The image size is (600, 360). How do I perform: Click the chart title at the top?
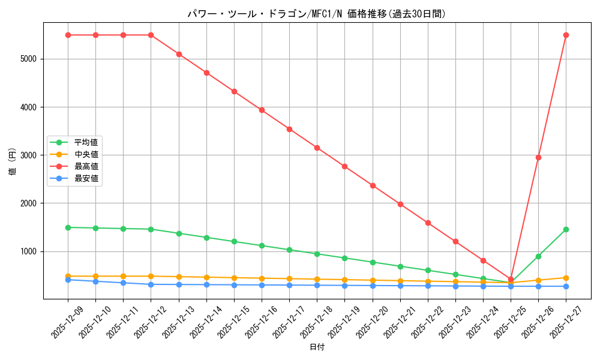tap(316, 14)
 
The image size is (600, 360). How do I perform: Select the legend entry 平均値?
tap(86, 142)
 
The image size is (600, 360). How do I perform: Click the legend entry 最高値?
tap(86, 166)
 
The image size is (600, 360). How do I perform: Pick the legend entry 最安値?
tap(86, 178)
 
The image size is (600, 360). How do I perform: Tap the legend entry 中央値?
tap(86, 154)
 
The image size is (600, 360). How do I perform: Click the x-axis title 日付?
tap(317, 347)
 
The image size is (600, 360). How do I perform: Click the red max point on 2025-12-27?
tap(566, 35)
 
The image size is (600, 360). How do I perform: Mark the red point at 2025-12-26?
tap(538, 157)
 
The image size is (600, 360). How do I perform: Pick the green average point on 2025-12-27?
tap(566, 229)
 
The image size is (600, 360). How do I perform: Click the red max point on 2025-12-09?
tap(68, 35)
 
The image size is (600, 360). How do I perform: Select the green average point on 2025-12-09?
tap(68, 227)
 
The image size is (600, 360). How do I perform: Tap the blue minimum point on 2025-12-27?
tap(566, 286)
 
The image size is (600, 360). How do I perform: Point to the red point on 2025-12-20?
tap(373, 185)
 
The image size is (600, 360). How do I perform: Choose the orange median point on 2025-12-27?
tap(566, 278)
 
